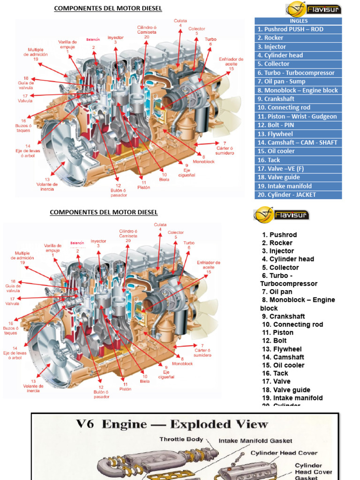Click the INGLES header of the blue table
tap(298, 21)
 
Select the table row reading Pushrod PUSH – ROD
tap(298, 29)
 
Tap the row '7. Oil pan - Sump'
tap(298, 82)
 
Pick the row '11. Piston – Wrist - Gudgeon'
tap(298, 116)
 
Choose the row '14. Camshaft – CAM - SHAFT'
tap(298, 142)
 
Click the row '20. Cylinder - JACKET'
tap(298, 195)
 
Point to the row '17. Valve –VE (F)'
tap(298, 168)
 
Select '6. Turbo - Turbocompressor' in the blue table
tap(298, 73)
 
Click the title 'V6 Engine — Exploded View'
tap(172, 425)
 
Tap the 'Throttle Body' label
tap(181, 439)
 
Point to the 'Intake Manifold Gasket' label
tap(255, 441)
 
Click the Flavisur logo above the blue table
tap(314, 9)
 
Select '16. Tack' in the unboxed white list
tap(276, 373)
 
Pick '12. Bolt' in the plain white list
tap(275, 341)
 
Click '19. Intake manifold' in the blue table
tap(298, 186)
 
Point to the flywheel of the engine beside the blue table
tap(66, 149)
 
